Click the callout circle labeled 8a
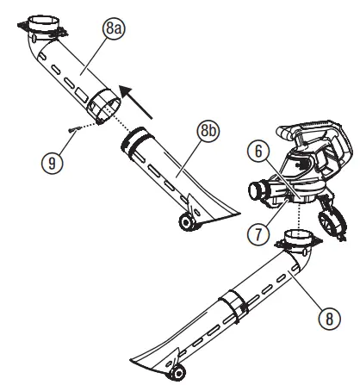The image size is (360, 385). [x=113, y=29]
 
